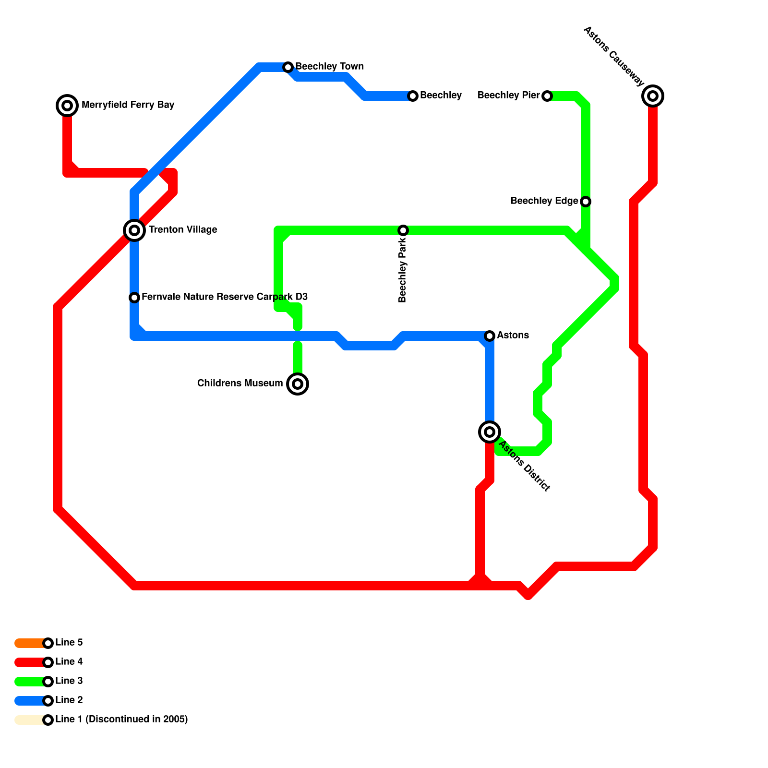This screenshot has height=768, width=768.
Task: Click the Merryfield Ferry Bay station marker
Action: (67, 106)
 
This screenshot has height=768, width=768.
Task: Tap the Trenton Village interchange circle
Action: (134, 230)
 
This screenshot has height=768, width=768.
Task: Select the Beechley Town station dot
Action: (288, 67)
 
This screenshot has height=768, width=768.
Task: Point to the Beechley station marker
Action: (413, 96)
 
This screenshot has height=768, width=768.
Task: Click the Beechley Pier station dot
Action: (547, 96)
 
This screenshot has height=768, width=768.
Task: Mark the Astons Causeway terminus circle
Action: (653, 96)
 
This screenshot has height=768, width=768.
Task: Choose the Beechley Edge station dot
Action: (586, 202)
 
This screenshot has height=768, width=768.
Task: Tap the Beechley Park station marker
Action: (403, 230)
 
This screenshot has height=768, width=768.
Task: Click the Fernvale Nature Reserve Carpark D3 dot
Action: (134, 298)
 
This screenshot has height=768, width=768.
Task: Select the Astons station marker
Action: (490, 336)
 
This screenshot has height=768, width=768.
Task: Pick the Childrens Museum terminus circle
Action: (298, 384)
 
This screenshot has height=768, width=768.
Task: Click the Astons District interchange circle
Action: (490, 432)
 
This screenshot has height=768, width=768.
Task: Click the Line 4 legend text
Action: (69, 662)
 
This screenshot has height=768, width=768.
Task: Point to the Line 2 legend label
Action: (69, 700)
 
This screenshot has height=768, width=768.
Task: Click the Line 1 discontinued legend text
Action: (121, 720)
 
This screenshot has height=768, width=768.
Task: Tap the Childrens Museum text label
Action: (240, 384)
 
